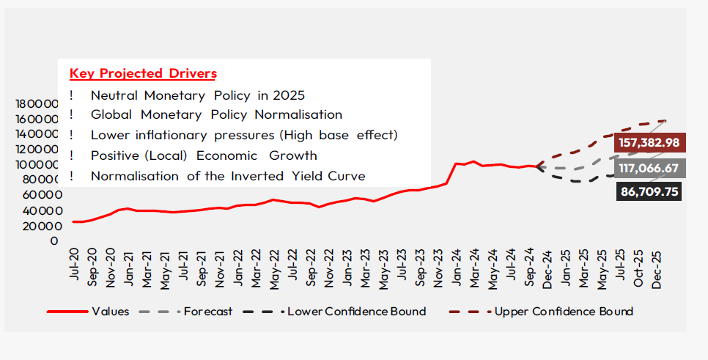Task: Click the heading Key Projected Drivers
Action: point(143,74)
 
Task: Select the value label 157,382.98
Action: point(649,143)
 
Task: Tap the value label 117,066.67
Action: point(649,169)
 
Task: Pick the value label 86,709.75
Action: point(649,193)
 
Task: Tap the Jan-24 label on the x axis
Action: point(457,269)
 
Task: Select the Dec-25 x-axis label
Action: point(657,269)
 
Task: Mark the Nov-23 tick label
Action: point(439,269)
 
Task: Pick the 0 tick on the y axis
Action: point(54,240)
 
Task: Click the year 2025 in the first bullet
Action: point(290,95)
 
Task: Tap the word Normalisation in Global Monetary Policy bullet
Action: point(298,115)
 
